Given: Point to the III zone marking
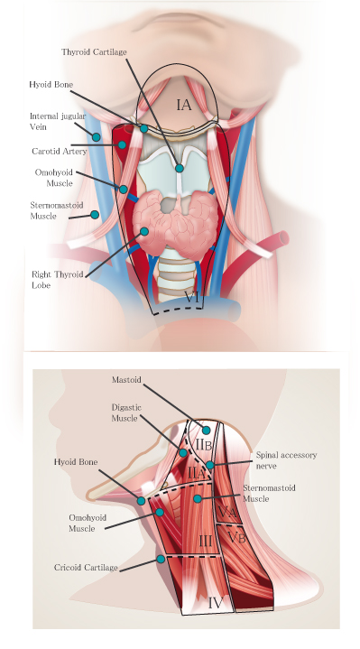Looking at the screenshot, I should click(205, 540).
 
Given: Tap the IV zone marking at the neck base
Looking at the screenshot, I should click(216, 599).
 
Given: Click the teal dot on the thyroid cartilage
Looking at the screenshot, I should click(180, 168).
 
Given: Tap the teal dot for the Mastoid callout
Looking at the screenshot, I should click(207, 430).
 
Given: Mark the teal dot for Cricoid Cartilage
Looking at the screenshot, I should click(161, 560).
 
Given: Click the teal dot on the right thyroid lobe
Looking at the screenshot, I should click(143, 231).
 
